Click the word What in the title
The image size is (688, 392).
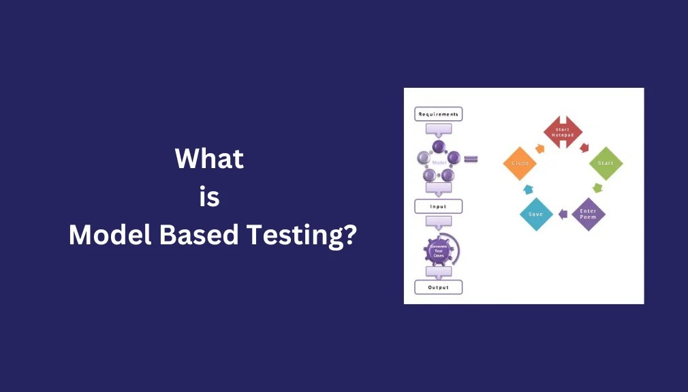(209, 159)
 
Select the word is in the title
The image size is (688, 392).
(209, 197)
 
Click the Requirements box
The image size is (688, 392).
(438, 114)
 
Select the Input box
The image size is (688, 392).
(438, 206)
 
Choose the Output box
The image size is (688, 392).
(438, 287)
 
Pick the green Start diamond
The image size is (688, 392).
(605, 163)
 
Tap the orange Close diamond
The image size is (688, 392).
(520, 163)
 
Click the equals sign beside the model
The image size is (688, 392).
(471, 159)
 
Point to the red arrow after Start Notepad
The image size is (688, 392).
(584, 147)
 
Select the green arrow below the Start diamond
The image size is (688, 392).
(597, 188)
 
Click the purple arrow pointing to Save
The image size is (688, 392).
(563, 214)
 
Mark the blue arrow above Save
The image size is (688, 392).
(527, 189)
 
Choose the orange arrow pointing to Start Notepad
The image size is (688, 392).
(540, 147)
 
